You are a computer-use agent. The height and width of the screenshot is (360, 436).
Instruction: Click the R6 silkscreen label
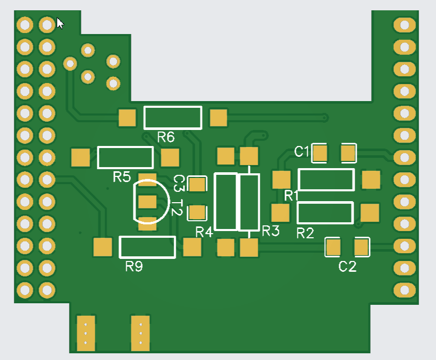click(x=166, y=137)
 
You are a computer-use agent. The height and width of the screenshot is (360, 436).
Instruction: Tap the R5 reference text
click(x=122, y=177)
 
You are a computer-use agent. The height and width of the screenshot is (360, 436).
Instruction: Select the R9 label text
click(x=134, y=266)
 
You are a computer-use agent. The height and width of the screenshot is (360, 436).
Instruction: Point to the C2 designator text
click(x=347, y=266)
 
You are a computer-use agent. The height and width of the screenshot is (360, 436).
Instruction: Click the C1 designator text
click(x=301, y=152)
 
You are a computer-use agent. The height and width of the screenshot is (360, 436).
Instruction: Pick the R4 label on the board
click(x=204, y=232)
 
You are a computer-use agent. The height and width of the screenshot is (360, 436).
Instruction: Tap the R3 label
click(x=271, y=231)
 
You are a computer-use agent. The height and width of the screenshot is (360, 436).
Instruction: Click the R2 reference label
click(x=305, y=233)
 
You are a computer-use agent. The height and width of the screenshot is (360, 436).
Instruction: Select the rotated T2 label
click(x=177, y=207)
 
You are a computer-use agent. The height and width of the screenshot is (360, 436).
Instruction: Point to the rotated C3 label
click(x=179, y=183)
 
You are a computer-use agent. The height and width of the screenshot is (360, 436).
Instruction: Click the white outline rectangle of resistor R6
click(x=173, y=107)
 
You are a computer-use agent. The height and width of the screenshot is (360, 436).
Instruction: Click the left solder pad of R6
click(x=127, y=118)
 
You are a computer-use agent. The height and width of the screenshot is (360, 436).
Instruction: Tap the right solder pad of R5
click(x=170, y=157)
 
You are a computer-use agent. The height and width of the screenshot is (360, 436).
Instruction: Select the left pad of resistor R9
click(x=103, y=247)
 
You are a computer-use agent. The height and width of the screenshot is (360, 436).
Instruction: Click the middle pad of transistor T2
click(x=147, y=202)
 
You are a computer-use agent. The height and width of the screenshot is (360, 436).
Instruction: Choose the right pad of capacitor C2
click(x=361, y=247)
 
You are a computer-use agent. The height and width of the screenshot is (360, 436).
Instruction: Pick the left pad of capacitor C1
click(x=320, y=153)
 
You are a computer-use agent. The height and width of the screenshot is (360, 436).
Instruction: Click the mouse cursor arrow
click(x=60, y=23)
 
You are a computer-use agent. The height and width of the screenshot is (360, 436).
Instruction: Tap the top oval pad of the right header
click(x=405, y=25)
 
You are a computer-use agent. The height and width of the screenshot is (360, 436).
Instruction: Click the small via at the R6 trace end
click(x=325, y=118)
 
